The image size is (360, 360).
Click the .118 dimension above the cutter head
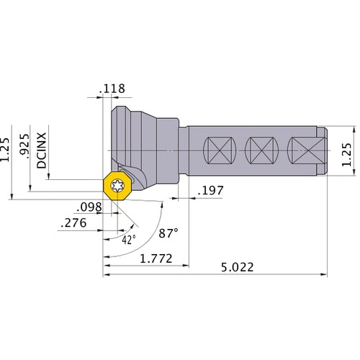click(113, 89)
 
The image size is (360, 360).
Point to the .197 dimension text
click(210, 192)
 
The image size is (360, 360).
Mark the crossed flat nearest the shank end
click(302, 150)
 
